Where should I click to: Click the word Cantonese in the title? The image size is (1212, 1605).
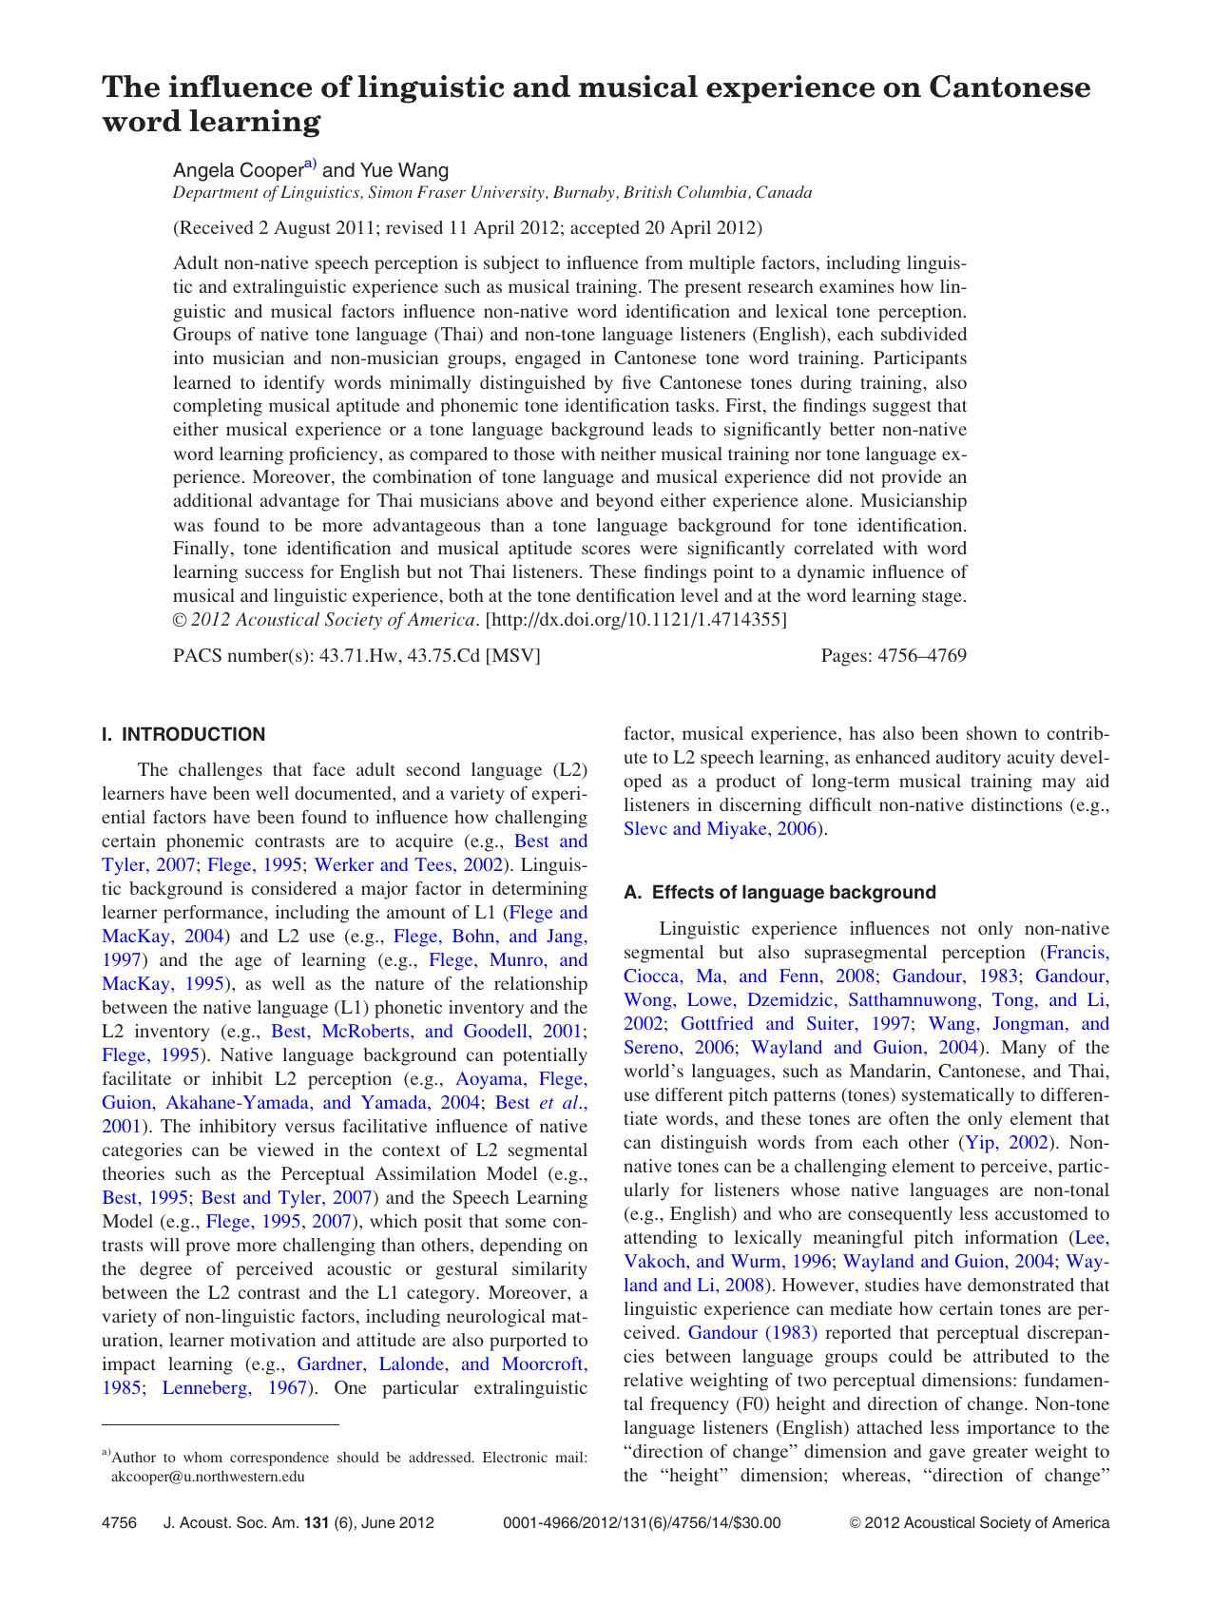[1009, 87]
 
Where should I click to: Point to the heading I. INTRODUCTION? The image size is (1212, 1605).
[183, 734]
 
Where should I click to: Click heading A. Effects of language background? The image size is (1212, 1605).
[779, 892]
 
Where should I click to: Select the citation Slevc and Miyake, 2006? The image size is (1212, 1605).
[720, 828]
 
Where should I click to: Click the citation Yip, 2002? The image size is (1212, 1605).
[1007, 1142]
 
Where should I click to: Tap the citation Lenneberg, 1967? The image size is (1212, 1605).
[235, 1387]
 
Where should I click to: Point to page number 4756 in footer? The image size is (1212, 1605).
[119, 1522]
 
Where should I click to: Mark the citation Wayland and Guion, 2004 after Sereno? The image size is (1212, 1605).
[864, 1047]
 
